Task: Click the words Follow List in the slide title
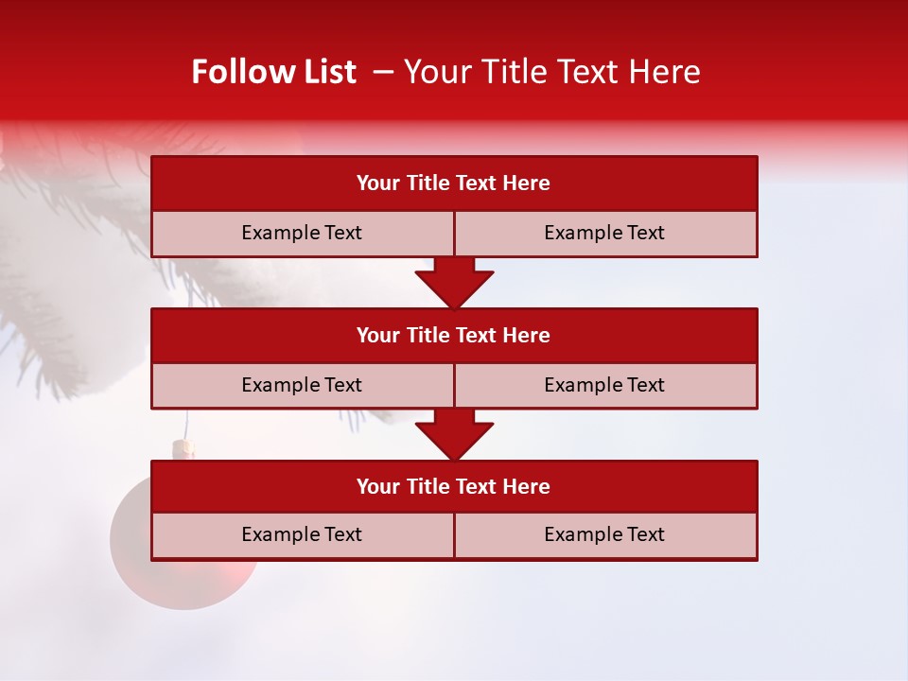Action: [273, 72]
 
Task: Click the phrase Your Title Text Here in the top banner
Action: [552, 72]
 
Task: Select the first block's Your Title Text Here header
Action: [453, 183]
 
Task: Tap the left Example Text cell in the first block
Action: [302, 233]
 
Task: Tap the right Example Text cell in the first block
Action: [604, 233]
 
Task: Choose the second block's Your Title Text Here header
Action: [453, 335]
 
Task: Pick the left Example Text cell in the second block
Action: [302, 385]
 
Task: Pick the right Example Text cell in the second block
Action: [604, 385]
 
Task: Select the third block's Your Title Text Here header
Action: [453, 486]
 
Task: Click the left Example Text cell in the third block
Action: [302, 534]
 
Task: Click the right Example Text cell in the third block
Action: [604, 534]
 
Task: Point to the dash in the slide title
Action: [383, 72]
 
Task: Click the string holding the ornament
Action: [185, 424]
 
